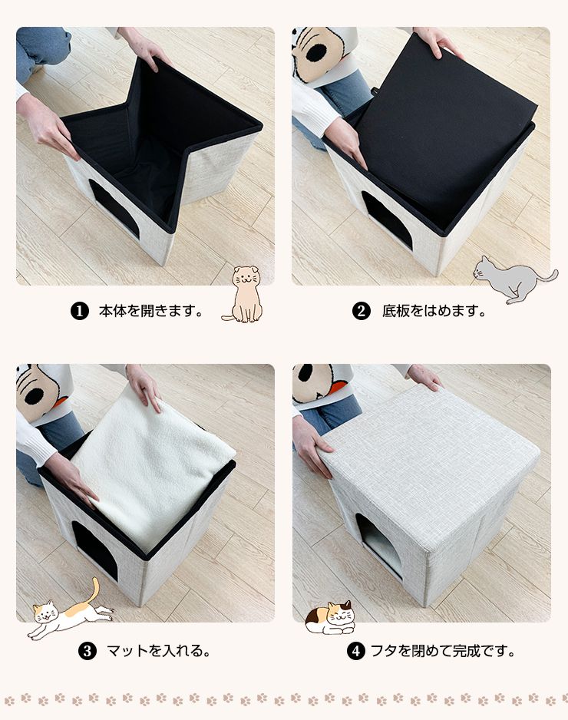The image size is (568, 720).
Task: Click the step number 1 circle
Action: (x=78, y=312)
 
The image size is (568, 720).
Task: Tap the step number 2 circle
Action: (x=361, y=312)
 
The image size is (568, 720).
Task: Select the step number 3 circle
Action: (x=88, y=651)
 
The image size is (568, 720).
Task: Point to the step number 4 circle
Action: (x=355, y=651)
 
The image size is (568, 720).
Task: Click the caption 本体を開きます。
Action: (x=150, y=312)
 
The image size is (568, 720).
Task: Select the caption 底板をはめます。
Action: (x=434, y=312)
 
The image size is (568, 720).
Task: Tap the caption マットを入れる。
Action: (x=158, y=651)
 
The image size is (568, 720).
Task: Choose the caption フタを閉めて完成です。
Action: (x=443, y=651)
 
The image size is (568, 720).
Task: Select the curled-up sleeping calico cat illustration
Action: (x=329, y=618)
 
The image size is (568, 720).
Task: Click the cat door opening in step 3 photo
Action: (x=96, y=550)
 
